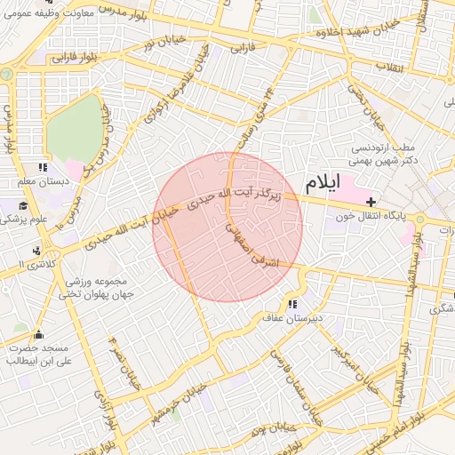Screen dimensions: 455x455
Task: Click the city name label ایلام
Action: (322, 184)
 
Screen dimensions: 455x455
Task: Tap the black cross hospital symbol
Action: (371, 204)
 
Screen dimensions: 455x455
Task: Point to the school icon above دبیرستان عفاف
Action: (292, 305)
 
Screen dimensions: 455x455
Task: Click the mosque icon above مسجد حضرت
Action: (37, 335)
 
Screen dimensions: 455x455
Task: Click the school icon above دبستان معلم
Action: (42, 167)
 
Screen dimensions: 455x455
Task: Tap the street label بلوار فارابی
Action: (70, 58)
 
